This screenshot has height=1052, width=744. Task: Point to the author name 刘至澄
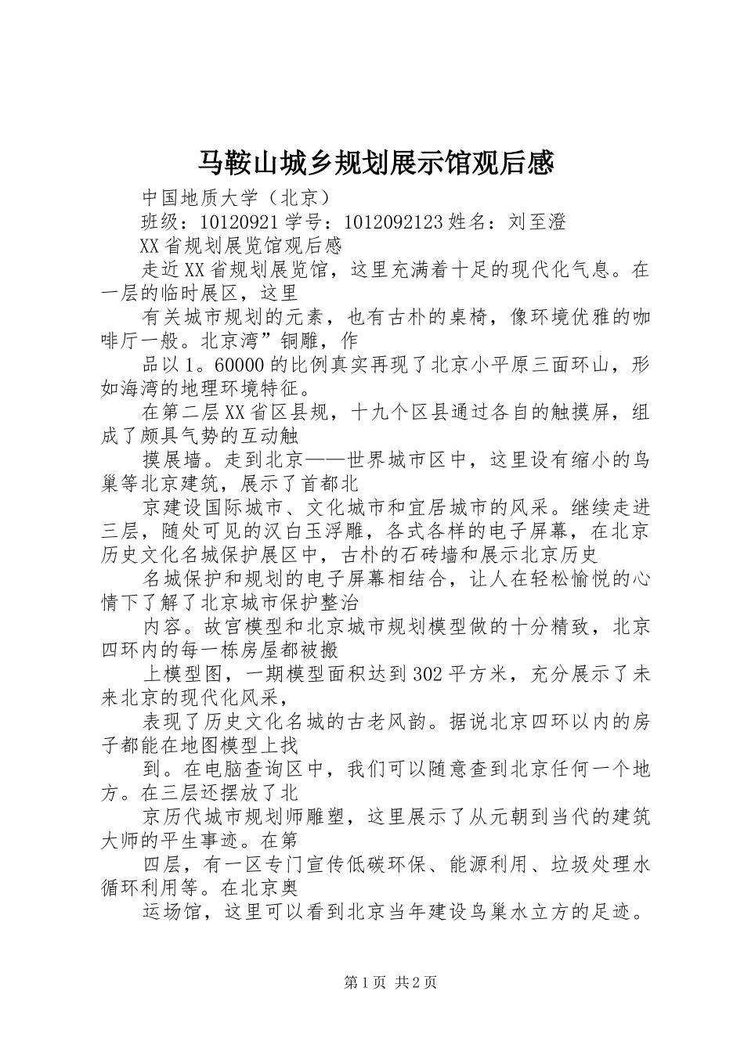[x=537, y=222]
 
